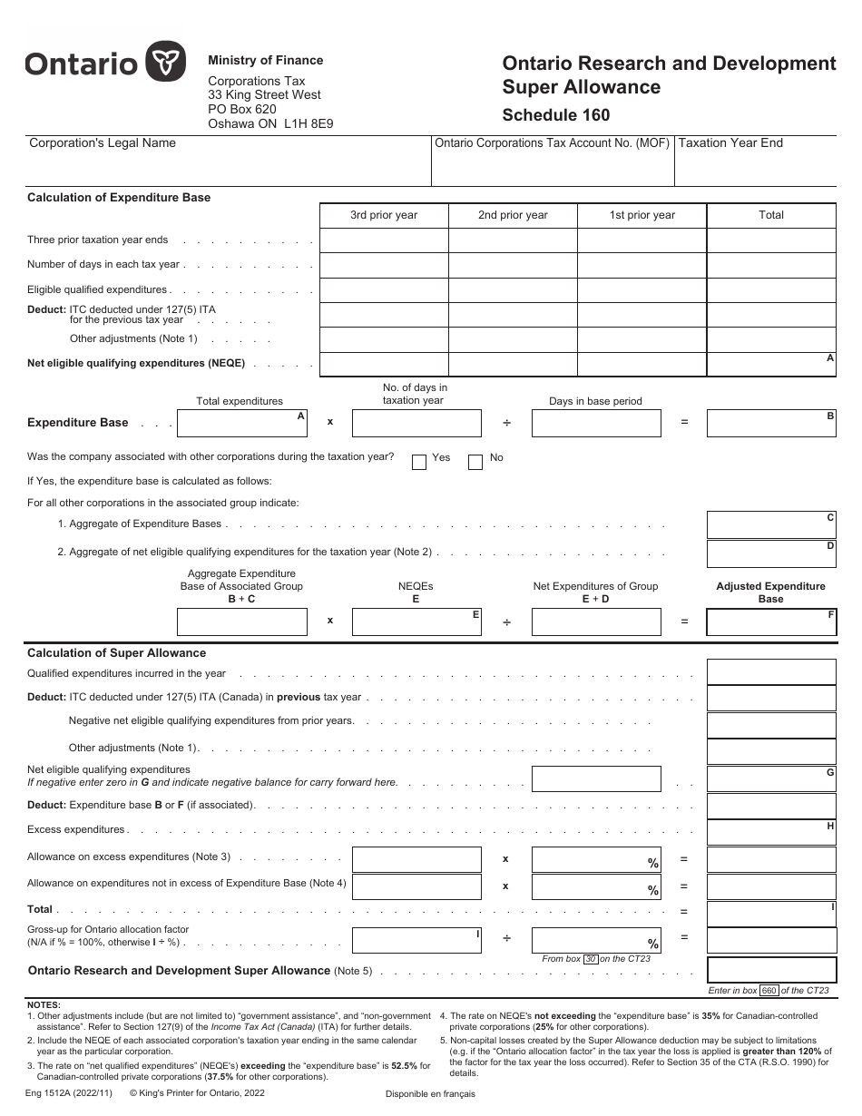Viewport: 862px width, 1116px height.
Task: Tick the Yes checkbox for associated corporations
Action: click(419, 462)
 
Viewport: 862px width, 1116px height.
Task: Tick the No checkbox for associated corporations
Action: click(475, 462)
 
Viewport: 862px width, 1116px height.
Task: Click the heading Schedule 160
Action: click(556, 115)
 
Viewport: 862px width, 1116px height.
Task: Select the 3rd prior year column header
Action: click(384, 215)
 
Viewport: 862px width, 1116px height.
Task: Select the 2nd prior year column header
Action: click(513, 215)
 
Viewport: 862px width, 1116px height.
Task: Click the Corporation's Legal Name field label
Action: click(103, 142)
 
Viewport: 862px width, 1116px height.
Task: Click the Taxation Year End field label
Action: click(730, 142)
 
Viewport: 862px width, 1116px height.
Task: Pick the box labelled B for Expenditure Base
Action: click(770, 423)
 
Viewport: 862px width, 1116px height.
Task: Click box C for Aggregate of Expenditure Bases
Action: click(770, 524)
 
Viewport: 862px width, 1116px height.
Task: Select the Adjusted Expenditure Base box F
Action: click(770, 622)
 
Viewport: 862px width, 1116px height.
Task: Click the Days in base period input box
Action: click(595, 423)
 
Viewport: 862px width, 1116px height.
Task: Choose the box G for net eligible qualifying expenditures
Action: click(770, 778)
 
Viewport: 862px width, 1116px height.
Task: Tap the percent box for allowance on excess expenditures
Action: click(595, 860)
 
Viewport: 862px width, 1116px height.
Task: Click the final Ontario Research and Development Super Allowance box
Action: click(770, 970)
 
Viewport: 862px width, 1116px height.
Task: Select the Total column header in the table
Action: click(770, 215)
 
